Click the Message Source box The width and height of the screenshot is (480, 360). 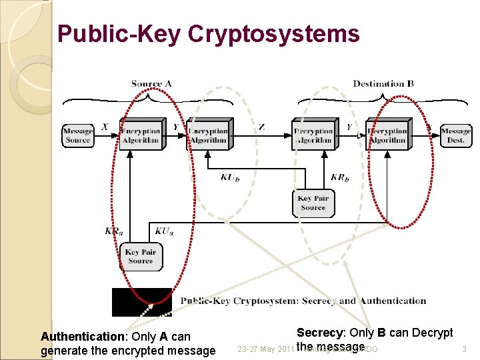(x=77, y=135)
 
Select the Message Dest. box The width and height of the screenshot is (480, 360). (x=455, y=135)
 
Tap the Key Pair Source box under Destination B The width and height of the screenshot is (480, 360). (x=313, y=203)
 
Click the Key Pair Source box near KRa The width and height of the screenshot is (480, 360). (x=140, y=257)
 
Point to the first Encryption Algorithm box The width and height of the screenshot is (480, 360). (x=141, y=135)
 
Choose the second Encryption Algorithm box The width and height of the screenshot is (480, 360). (x=208, y=135)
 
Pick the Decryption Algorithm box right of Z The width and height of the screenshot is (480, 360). (x=313, y=135)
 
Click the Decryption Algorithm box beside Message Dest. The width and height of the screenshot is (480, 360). (x=387, y=135)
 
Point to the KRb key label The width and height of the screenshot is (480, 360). (x=339, y=177)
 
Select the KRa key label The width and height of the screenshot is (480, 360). (x=113, y=231)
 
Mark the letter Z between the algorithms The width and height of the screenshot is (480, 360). (x=262, y=127)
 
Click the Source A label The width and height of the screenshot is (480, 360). (x=151, y=83)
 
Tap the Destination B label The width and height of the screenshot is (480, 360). (x=383, y=83)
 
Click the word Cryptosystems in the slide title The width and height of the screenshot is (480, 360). (x=273, y=33)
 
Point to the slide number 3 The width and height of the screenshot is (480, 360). (x=463, y=349)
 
